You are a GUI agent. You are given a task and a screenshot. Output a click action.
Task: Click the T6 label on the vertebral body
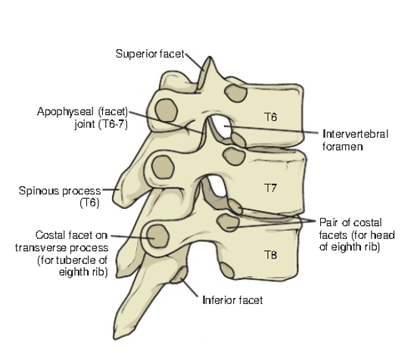coord(271,116)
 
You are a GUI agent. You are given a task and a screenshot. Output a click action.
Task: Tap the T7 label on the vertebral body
coord(271,188)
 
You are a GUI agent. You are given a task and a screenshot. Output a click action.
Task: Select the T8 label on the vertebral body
coord(271,255)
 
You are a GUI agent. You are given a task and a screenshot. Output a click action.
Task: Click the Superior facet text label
coord(150,54)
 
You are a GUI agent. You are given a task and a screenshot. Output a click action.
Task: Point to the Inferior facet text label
coord(232,300)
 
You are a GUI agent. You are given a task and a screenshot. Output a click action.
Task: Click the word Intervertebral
coord(356,134)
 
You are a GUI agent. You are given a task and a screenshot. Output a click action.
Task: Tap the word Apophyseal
coord(65,112)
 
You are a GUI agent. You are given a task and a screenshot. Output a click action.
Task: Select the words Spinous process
coord(60,191)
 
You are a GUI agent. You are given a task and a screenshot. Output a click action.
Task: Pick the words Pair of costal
coord(350,222)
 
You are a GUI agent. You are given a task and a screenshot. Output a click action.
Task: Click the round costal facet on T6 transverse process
coord(166,110)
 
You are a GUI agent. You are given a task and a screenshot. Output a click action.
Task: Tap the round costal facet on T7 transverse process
coord(163,167)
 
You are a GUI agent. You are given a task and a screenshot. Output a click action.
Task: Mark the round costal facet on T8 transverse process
coord(157,236)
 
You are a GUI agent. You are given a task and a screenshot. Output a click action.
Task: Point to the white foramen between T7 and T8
coord(216,186)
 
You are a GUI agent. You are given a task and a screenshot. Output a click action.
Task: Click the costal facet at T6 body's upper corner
coord(235,93)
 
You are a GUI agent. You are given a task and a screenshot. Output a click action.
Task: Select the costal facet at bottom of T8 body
coord(227,270)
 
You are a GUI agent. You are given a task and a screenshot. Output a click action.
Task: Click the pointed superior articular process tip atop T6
coord(210,57)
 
